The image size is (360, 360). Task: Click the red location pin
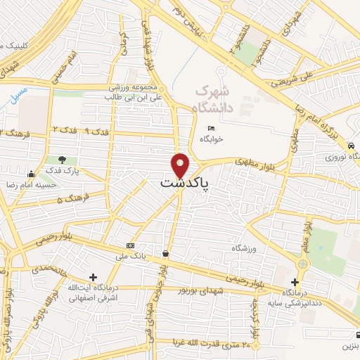click(x=181, y=165)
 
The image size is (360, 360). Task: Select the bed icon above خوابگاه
click(x=210, y=129)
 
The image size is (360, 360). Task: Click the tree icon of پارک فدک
click(x=63, y=160)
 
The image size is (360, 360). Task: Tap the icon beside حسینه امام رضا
click(x=30, y=174)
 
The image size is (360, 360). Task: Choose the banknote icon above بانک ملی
click(x=129, y=245)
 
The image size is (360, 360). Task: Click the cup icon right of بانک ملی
click(x=165, y=253)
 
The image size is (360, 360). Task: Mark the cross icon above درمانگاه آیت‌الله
click(x=94, y=277)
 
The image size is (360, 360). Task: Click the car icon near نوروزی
click(x=349, y=146)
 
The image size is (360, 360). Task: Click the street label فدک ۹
click(x=99, y=131)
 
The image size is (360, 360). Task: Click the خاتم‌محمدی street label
click(x=49, y=267)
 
